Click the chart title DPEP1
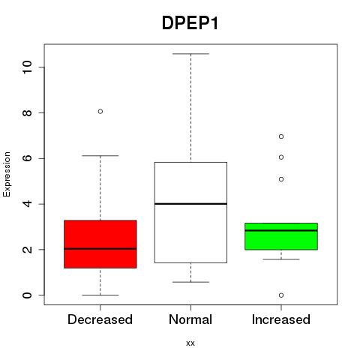coord(190,23)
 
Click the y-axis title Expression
coord(7,174)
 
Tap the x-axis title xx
coord(190,343)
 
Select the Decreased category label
coord(100,319)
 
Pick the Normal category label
coord(190,319)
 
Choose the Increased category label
coord(281,319)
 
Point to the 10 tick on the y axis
coord(27,67)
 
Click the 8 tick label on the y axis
coord(27,112)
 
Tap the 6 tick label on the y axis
coord(27,158)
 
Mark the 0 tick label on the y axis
coord(27,295)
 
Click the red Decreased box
coord(100,244)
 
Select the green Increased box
coord(281,236)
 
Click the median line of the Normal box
coord(190,204)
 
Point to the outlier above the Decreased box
coord(100,112)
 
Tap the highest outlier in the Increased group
coord(281,136)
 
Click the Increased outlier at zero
coord(281,295)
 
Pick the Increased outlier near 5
coord(281,179)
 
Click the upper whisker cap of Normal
coord(190,54)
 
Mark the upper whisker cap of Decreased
coord(100,156)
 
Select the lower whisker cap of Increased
coord(281,259)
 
